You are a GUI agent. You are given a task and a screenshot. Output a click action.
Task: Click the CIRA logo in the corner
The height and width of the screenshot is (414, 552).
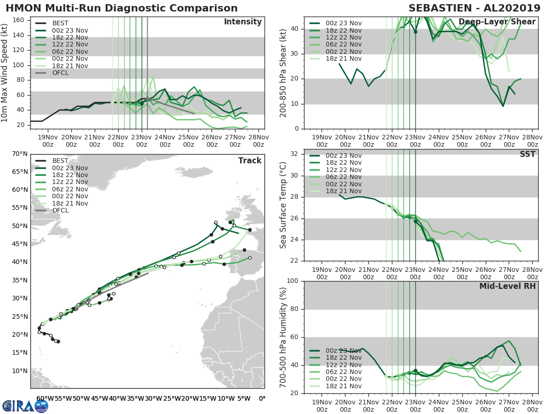tap(25, 405)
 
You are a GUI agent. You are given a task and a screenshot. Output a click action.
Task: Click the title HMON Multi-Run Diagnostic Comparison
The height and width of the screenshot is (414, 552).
tap(121, 8)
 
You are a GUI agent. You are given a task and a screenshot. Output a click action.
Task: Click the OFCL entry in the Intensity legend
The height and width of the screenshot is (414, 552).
tap(61, 73)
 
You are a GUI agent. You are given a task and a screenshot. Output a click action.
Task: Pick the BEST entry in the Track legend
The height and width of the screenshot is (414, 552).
tap(61, 161)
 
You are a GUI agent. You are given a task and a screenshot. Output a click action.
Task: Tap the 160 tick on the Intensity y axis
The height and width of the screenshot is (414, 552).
tap(19, 20)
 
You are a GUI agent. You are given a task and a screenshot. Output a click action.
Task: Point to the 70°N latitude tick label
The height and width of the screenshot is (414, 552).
tap(20, 154)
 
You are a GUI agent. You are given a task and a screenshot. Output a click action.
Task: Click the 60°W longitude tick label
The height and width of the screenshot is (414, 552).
tap(45, 399)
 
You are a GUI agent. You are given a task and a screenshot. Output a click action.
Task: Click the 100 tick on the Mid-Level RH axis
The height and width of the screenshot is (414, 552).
tap(292, 281)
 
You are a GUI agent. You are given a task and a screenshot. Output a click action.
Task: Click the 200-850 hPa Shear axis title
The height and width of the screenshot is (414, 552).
tap(284, 73)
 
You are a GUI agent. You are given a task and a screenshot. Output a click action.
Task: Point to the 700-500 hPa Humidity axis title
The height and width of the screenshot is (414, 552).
tap(284, 337)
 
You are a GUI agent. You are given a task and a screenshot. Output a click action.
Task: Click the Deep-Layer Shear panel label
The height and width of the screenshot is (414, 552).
tap(497, 22)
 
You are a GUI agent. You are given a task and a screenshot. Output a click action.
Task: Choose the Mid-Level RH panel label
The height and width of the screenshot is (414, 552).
tap(507, 286)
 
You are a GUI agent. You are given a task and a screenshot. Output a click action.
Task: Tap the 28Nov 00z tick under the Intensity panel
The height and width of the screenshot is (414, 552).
tap(259, 141)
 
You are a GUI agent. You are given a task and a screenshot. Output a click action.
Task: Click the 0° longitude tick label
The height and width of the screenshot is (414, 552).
tap(262, 399)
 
